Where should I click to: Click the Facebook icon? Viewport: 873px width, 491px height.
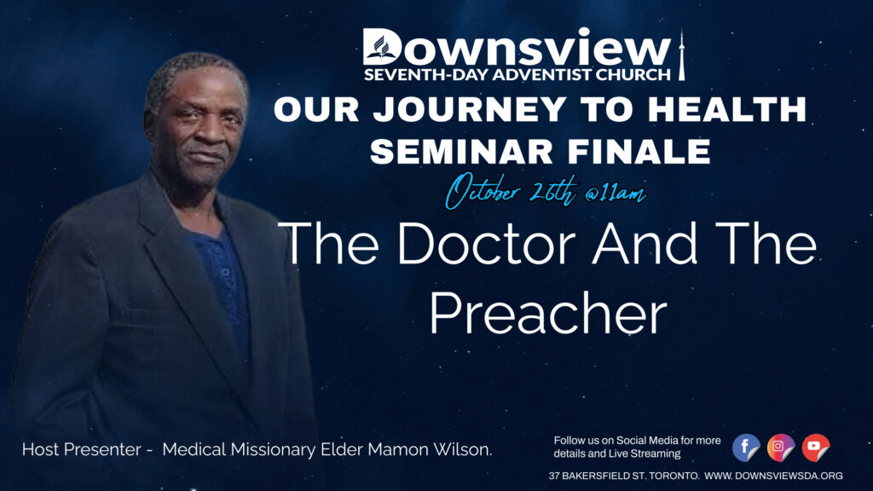tap(745, 448)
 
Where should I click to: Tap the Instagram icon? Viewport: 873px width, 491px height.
tap(781, 448)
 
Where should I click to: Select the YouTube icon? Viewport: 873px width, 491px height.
tap(816, 448)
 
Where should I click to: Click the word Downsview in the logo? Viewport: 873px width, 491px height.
tap(517, 48)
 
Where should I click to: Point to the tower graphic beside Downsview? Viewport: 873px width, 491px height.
tap(681, 55)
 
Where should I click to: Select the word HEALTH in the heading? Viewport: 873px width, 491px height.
tap(727, 109)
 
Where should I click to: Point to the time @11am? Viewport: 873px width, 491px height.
tap(616, 194)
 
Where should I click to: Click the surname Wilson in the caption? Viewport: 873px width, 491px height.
tap(463, 450)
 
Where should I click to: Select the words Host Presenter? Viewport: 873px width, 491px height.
tap(81, 450)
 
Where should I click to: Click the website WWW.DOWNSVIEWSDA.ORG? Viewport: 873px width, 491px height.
tap(773, 476)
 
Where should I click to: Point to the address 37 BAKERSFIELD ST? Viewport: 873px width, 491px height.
tap(596, 476)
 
